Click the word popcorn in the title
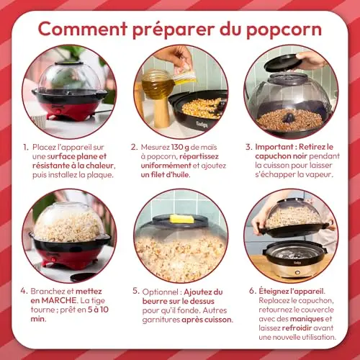tap(284, 30)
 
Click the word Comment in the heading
tap(83, 29)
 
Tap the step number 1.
tap(26, 147)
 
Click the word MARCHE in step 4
tap(59, 300)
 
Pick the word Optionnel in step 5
tap(160, 292)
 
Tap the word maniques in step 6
tap(307, 319)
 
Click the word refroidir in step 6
tap(297, 328)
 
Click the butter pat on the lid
tap(181, 219)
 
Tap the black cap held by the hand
tap(283, 63)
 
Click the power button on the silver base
tap(297, 273)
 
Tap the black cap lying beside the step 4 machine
tap(83, 276)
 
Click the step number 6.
tap(253, 291)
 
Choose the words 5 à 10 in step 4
tap(98, 310)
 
